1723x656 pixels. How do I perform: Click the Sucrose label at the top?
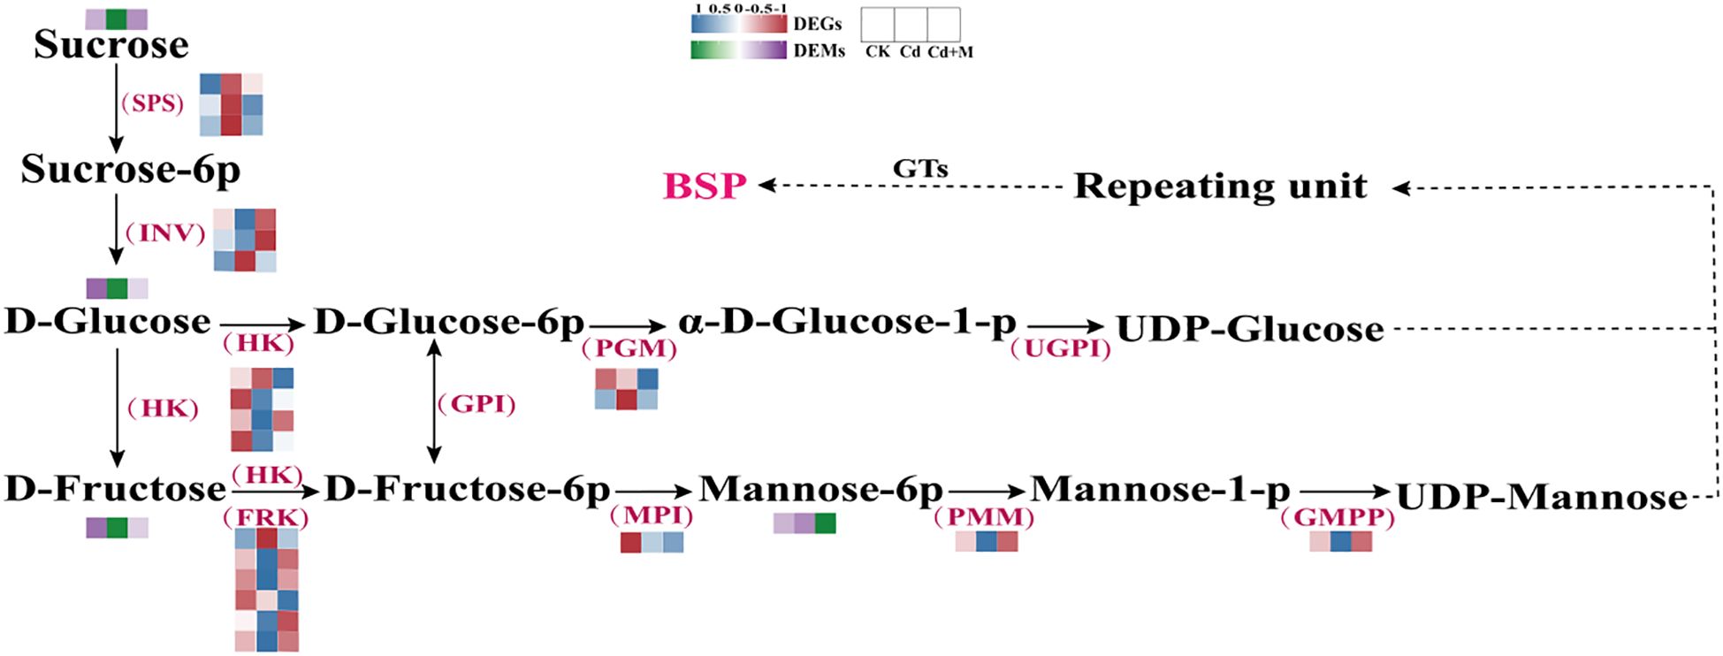[111, 45]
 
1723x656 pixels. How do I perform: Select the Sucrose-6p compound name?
[130, 169]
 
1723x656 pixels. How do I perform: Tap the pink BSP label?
[705, 187]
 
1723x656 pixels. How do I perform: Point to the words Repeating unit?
[1220, 187]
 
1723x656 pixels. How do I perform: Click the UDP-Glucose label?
[1249, 329]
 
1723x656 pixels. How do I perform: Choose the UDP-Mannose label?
[1541, 498]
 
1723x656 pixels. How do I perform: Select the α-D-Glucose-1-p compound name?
[847, 323]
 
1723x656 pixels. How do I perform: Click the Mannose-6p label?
[820, 489]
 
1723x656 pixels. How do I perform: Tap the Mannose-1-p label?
[1160, 489]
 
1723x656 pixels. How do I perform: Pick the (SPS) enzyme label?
[152, 103]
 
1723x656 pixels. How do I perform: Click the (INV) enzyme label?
[164, 233]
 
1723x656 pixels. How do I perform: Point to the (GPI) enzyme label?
[476, 404]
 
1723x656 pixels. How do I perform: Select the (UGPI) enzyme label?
[1060, 348]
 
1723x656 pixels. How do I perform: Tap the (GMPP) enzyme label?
[1337, 517]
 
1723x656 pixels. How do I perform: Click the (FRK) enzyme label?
[266, 517]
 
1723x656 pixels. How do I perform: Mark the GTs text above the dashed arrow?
[920, 168]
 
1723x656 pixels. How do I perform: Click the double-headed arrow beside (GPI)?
[434, 401]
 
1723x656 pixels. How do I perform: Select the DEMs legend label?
[819, 51]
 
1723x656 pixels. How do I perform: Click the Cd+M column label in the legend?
[950, 52]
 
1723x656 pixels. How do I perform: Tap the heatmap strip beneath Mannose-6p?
[804, 523]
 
